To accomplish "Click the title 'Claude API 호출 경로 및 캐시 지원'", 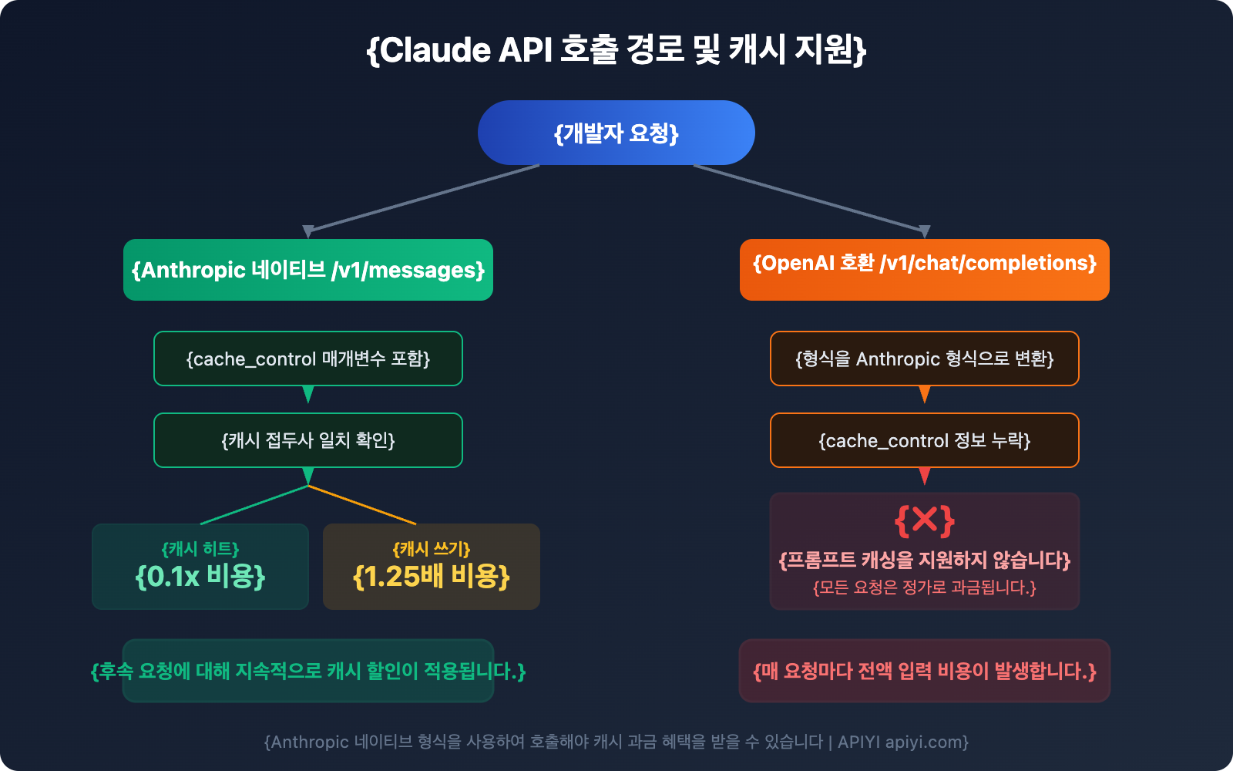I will click(616, 50).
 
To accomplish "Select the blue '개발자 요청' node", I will click(616, 133).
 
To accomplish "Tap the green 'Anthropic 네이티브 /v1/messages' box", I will click(308, 270).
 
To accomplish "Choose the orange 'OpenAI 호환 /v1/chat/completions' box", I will click(925, 269).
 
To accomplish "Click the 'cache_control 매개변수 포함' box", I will click(308, 359).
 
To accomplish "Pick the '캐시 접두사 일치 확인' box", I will click(308, 440).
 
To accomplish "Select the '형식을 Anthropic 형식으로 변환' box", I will click(925, 359).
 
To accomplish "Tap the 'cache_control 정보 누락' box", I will click(925, 440).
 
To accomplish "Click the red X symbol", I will click(925, 520).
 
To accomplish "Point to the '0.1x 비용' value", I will click(200, 576).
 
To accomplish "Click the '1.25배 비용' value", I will click(432, 576).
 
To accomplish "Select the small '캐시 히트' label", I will click(200, 549).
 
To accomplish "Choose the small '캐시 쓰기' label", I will click(432, 549).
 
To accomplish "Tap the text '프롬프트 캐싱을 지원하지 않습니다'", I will click(925, 560).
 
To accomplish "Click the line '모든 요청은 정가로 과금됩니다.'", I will click(925, 588).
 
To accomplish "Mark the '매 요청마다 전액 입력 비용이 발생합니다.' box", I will click(925, 671).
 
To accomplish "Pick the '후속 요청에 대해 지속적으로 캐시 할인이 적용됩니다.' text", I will click(308, 671).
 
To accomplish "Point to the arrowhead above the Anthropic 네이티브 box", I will click(308, 231).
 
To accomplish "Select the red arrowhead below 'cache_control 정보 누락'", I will click(925, 476).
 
